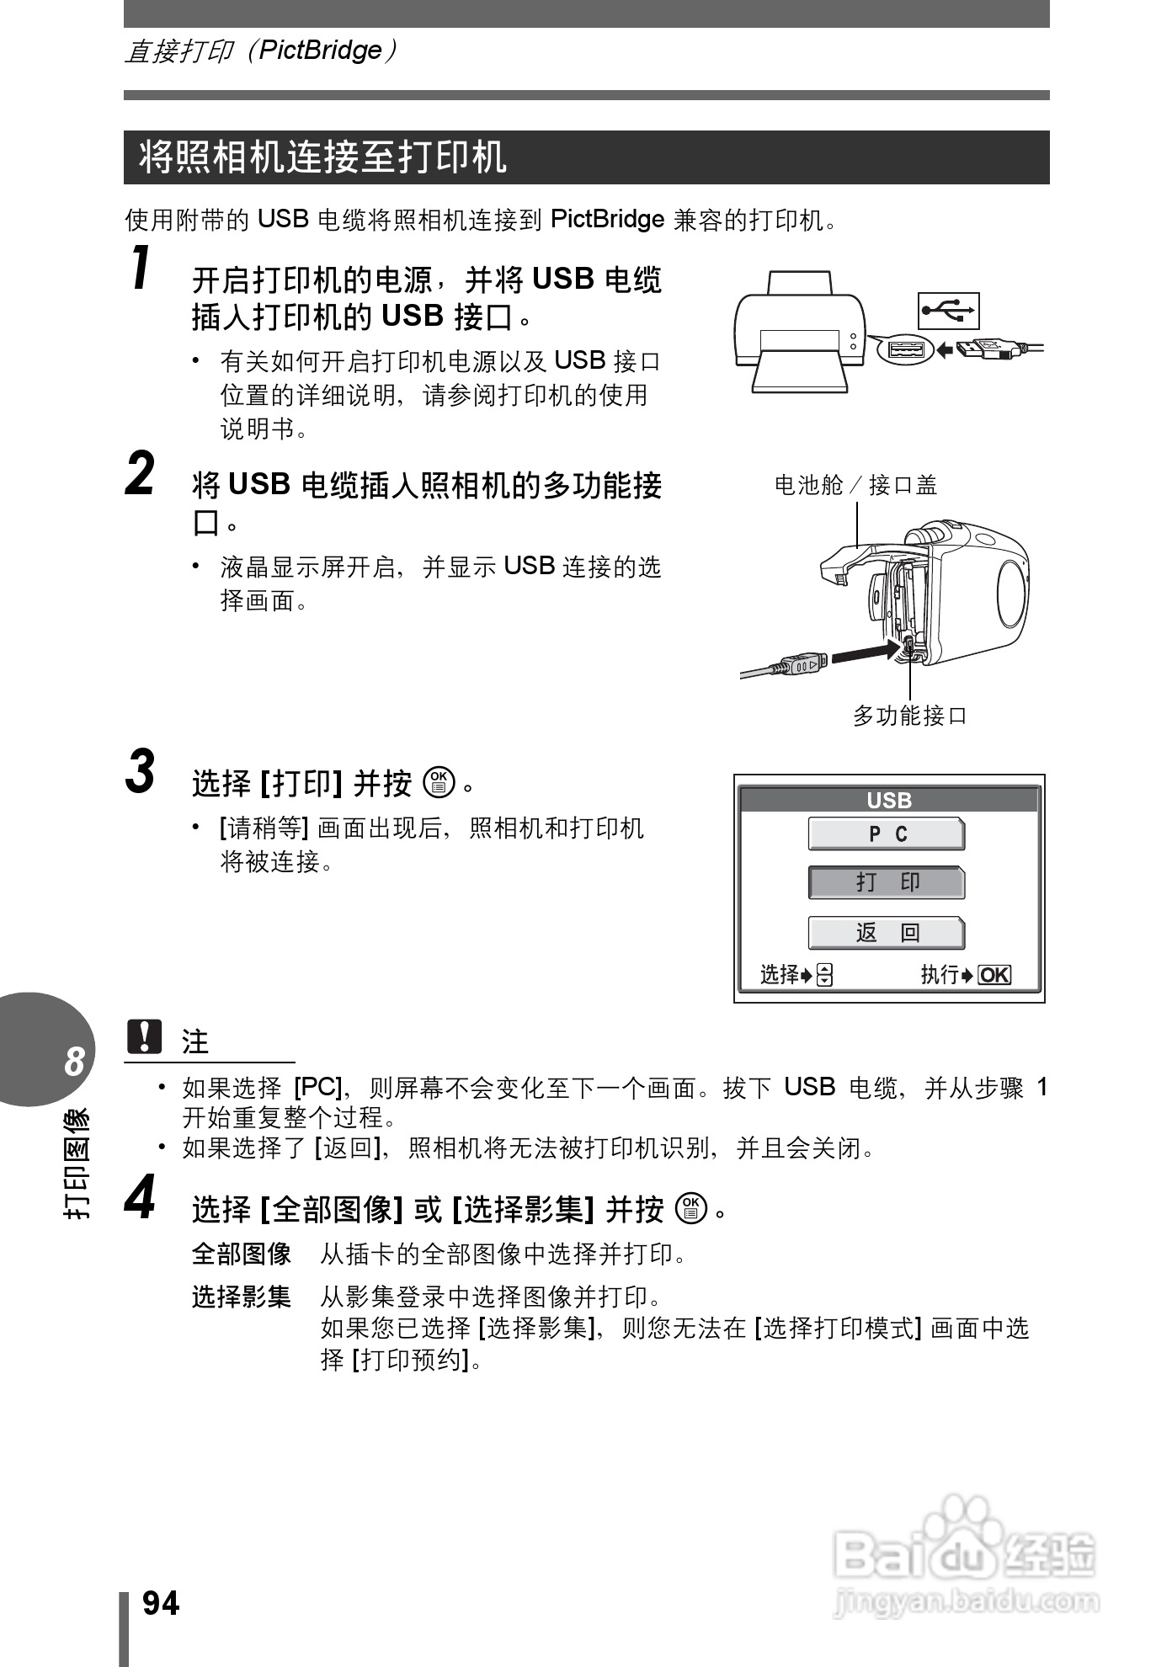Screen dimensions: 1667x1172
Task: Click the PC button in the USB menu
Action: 887,833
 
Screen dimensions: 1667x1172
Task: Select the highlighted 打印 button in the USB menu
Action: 887,882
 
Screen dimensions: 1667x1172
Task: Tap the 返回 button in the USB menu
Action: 887,933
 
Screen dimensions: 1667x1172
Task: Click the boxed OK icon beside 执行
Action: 994,975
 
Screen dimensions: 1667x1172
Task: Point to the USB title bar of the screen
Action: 889,800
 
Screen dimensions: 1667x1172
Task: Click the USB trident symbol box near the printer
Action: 949,311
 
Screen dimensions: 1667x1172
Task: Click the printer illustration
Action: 799,332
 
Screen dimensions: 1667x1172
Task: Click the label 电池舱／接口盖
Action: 855,485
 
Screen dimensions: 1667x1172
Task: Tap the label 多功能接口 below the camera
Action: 909,716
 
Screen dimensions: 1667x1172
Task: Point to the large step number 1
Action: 142,269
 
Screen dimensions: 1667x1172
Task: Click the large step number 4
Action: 141,1198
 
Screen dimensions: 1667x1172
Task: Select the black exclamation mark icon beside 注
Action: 144,1036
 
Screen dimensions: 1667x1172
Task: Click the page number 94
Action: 161,1604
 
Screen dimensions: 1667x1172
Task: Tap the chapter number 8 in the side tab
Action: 74,1062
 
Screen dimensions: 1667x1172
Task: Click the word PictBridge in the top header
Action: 320,51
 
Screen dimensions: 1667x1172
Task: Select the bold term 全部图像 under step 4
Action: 242,1254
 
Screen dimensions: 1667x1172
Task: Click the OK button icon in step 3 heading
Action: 439,783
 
